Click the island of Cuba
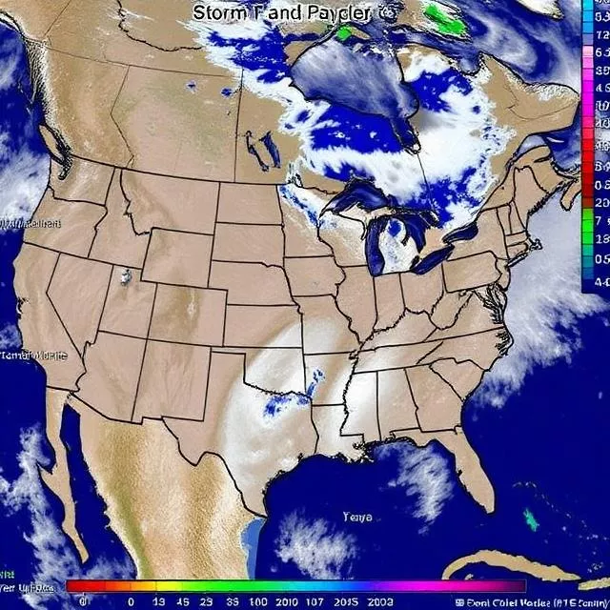pyautogui.click(x=534, y=568)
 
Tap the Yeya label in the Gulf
pyautogui.click(x=357, y=518)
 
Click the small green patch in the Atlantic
pyautogui.click(x=531, y=519)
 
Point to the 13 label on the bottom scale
pyautogui.click(x=157, y=602)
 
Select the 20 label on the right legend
pyautogui.click(x=601, y=202)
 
